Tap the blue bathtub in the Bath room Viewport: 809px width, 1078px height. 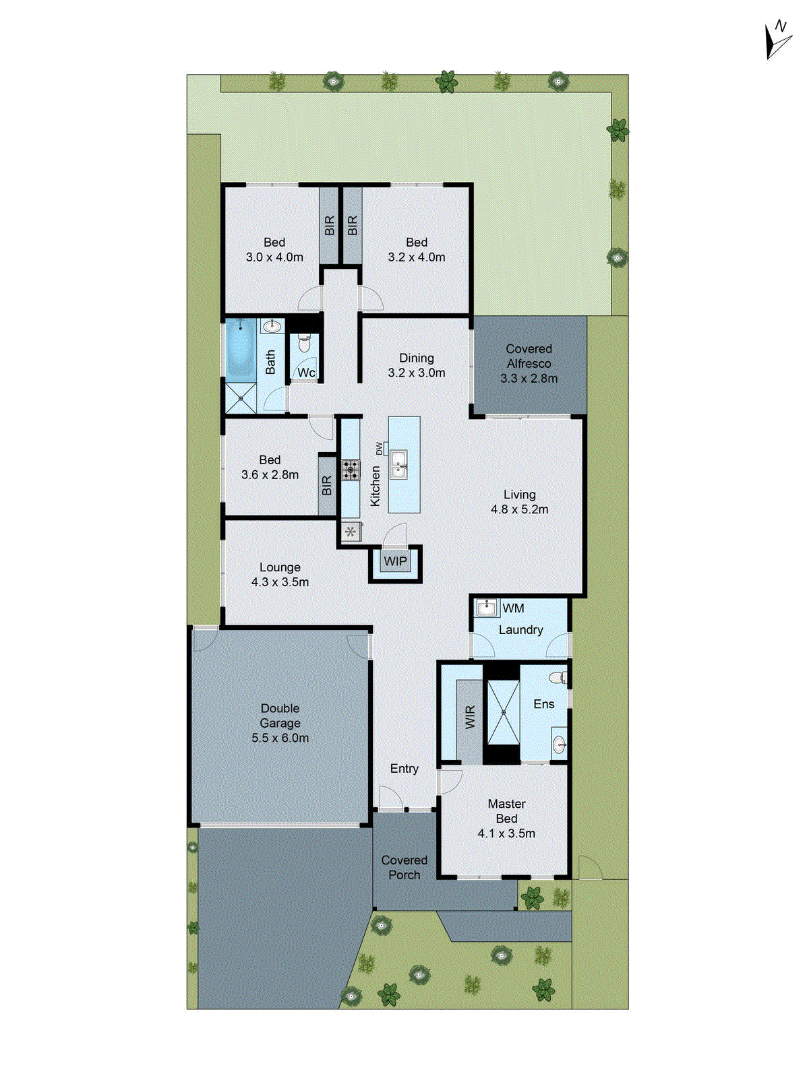241,349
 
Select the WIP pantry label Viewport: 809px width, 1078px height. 395,561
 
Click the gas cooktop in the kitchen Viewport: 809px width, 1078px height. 350,470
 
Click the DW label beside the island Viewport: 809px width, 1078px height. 379,448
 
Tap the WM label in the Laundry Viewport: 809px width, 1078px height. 513,608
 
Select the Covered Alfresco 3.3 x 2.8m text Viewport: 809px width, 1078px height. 529,364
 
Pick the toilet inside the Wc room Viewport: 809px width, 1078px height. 304,344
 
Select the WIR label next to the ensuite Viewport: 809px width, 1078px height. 470,716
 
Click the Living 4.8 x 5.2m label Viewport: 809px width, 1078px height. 519,502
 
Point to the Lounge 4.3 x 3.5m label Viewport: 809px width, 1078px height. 280,575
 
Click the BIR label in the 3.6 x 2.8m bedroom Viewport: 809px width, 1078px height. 327,485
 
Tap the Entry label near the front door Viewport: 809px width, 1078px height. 404,769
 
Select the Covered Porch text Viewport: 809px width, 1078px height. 404,867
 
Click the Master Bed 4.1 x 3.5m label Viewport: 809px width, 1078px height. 506,819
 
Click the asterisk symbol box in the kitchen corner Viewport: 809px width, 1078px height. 351,532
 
